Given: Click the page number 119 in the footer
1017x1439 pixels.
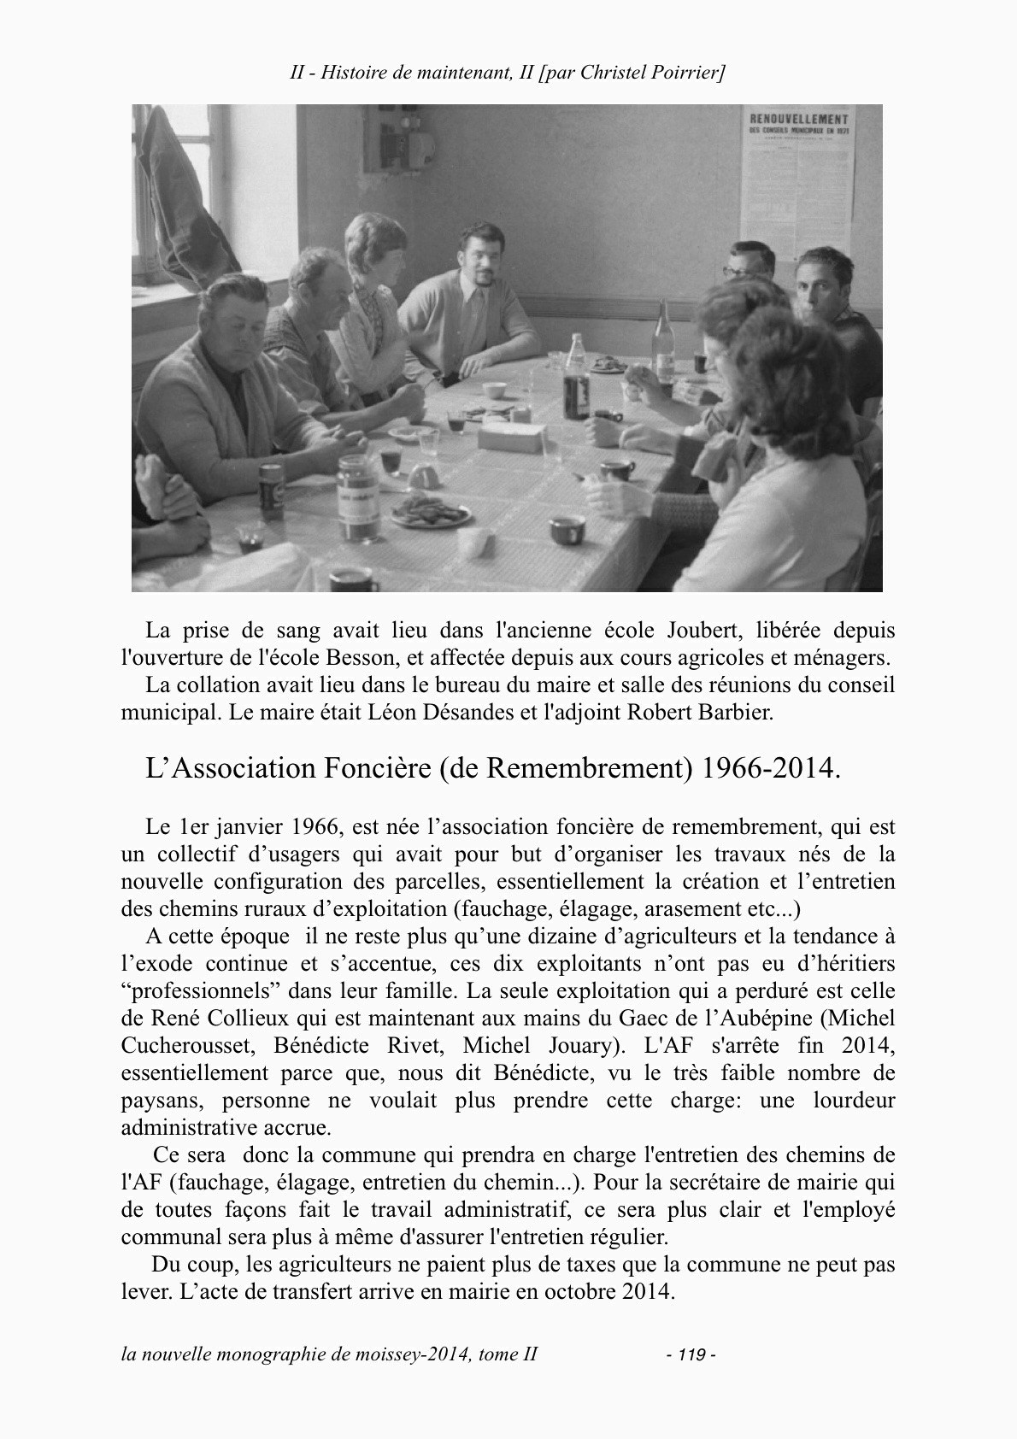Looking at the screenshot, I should point(691,1354).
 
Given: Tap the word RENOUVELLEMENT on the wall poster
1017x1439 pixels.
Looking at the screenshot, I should point(798,119).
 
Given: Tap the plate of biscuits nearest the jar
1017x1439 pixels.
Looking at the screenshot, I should point(431,512).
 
